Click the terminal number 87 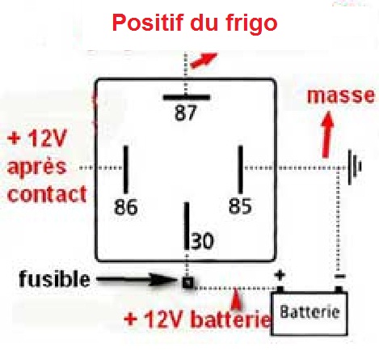pyautogui.click(x=186, y=113)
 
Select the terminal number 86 pyautogui.click(x=126, y=207)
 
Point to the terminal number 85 pyautogui.click(x=240, y=206)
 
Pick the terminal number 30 pyautogui.click(x=202, y=241)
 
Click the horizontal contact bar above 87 pyautogui.click(x=187, y=97)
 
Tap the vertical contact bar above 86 pyautogui.click(x=126, y=169)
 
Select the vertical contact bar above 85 pyautogui.click(x=241, y=169)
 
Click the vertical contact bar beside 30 pyautogui.click(x=187, y=226)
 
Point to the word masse pyautogui.click(x=341, y=95)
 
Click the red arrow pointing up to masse pyautogui.click(x=327, y=134)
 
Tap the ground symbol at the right pyautogui.click(x=355, y=167)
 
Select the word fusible pyautogui.click(x=54, y=279)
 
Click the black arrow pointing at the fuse pyautogui.click(x=136, y=280)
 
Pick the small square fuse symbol pyautogui.click(x=187, y=282)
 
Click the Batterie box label pyautogui.click(x=310, y=312)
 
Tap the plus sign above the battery pyautogui.click(x=280, y=275)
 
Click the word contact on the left pyautogui.click(x=47, y=194)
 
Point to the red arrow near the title pyautogui.click(x=204, y=61)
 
